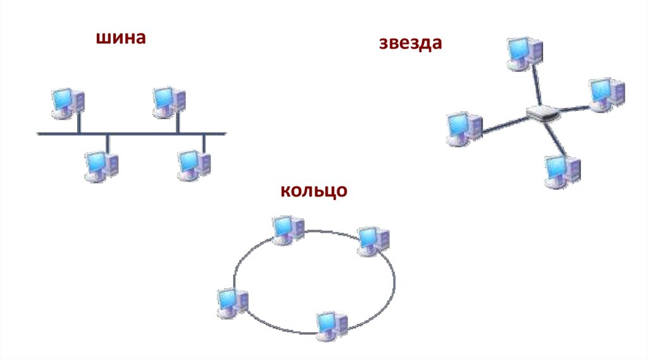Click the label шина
[121, 38]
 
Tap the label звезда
[410, 43]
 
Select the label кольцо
[314, 191]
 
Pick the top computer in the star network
[524, 53]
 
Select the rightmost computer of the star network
[607, 94]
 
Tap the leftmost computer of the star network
[465, 129]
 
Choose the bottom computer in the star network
[562, 171]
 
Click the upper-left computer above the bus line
[68, 103]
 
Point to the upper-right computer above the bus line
[169, 102]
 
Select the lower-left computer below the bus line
[101, 166]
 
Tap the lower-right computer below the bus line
[194, 165]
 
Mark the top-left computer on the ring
[288, 230]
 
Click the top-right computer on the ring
[373, 241]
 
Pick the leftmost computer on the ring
[233, 303]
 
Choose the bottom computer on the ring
[332, 327]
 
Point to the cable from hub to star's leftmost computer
[505, 125]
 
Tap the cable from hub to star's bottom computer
[556, 139]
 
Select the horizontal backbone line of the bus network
[132, 134]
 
